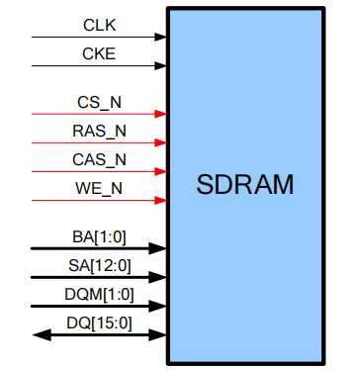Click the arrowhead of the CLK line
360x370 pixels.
coord(161,38)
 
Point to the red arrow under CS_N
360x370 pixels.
coord(99,115)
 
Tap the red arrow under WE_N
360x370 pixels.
coord(99,201)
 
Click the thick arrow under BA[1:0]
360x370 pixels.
coord(99,249)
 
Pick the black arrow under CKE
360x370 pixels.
coord(99,66)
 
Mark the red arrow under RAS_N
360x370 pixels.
coord(99,143)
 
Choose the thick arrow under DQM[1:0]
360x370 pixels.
coord(99,307)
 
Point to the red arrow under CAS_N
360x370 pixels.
coord(99,172)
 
